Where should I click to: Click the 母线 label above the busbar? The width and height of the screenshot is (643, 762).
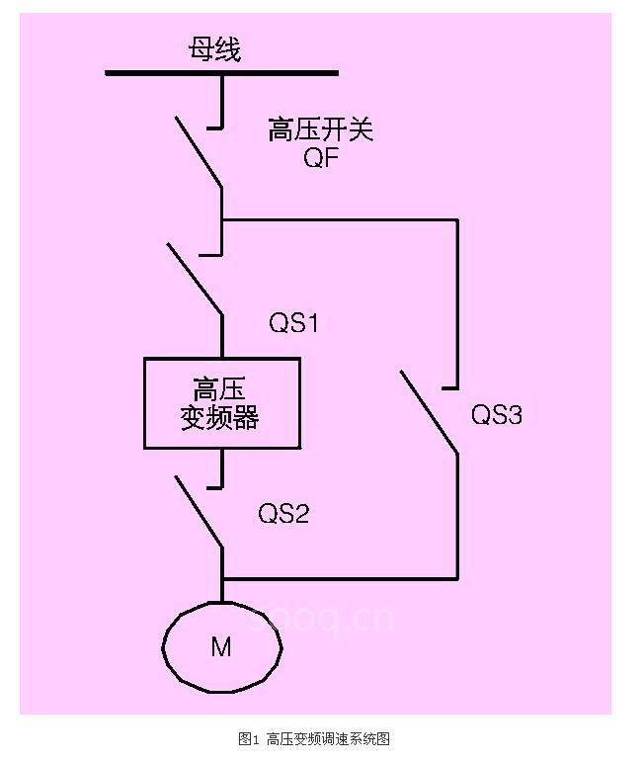(x=214, y=50)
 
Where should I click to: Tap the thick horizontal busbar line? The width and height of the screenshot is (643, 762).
(x=221, y=72)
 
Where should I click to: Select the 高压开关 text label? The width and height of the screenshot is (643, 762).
(x=321, y=129)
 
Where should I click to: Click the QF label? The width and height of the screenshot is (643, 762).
(x=321, y=159)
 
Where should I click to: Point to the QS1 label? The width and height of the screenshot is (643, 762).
(x=294, y=323)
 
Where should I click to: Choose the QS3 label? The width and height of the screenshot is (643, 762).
(x=496, y=415)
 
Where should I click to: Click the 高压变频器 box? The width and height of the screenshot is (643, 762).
(x=221, y=403)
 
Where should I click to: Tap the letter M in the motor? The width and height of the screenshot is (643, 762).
(x=221, y=647)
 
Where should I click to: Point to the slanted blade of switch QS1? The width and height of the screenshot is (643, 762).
(x=195, y=279)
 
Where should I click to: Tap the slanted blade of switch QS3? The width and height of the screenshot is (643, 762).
(x=429, y=412)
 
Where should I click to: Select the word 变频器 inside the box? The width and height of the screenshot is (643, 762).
(x=219, y=417)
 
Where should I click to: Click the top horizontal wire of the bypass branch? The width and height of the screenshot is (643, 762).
(x=341, y=220)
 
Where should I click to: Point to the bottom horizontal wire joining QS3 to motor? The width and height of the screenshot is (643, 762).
(x=341, y=577)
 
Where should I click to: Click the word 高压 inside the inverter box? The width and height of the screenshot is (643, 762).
(x=219, y=386)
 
